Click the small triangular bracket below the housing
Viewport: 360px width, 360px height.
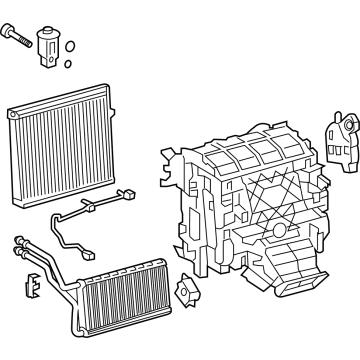(182, 292)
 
